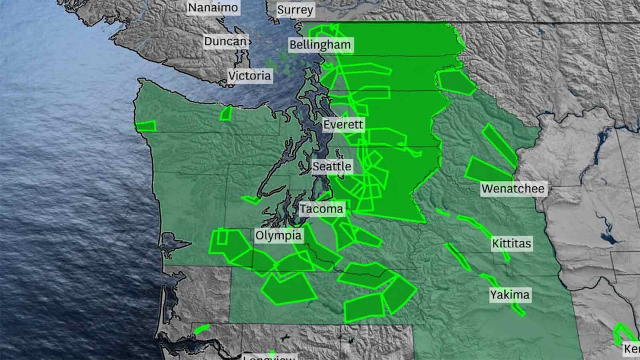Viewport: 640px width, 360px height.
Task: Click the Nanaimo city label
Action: coord(213,8)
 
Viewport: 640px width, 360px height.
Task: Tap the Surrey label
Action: coord(295,10)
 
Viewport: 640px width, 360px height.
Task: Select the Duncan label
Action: coord(225,41)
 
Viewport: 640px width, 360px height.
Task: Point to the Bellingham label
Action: coord(320,44)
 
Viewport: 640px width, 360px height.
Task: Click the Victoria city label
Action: coord(250,76)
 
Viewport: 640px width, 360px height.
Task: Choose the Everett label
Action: coord(343,124)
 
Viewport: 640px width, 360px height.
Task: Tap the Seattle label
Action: coord(332,166)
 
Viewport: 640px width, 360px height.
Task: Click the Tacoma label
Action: coord(321,209)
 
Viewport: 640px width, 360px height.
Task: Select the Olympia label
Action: coord(278,235)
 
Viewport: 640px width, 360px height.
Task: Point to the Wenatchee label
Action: coord(513,189)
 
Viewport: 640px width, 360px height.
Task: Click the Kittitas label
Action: coord(512,243)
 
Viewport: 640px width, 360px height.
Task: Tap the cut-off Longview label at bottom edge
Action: coord(270,357)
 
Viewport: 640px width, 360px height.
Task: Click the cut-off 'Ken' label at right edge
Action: coord(632,349)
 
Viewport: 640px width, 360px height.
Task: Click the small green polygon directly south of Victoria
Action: coord(226,113)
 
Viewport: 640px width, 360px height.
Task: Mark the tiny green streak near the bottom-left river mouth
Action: coord(201,329)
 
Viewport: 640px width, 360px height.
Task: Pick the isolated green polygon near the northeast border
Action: coord(455,82)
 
